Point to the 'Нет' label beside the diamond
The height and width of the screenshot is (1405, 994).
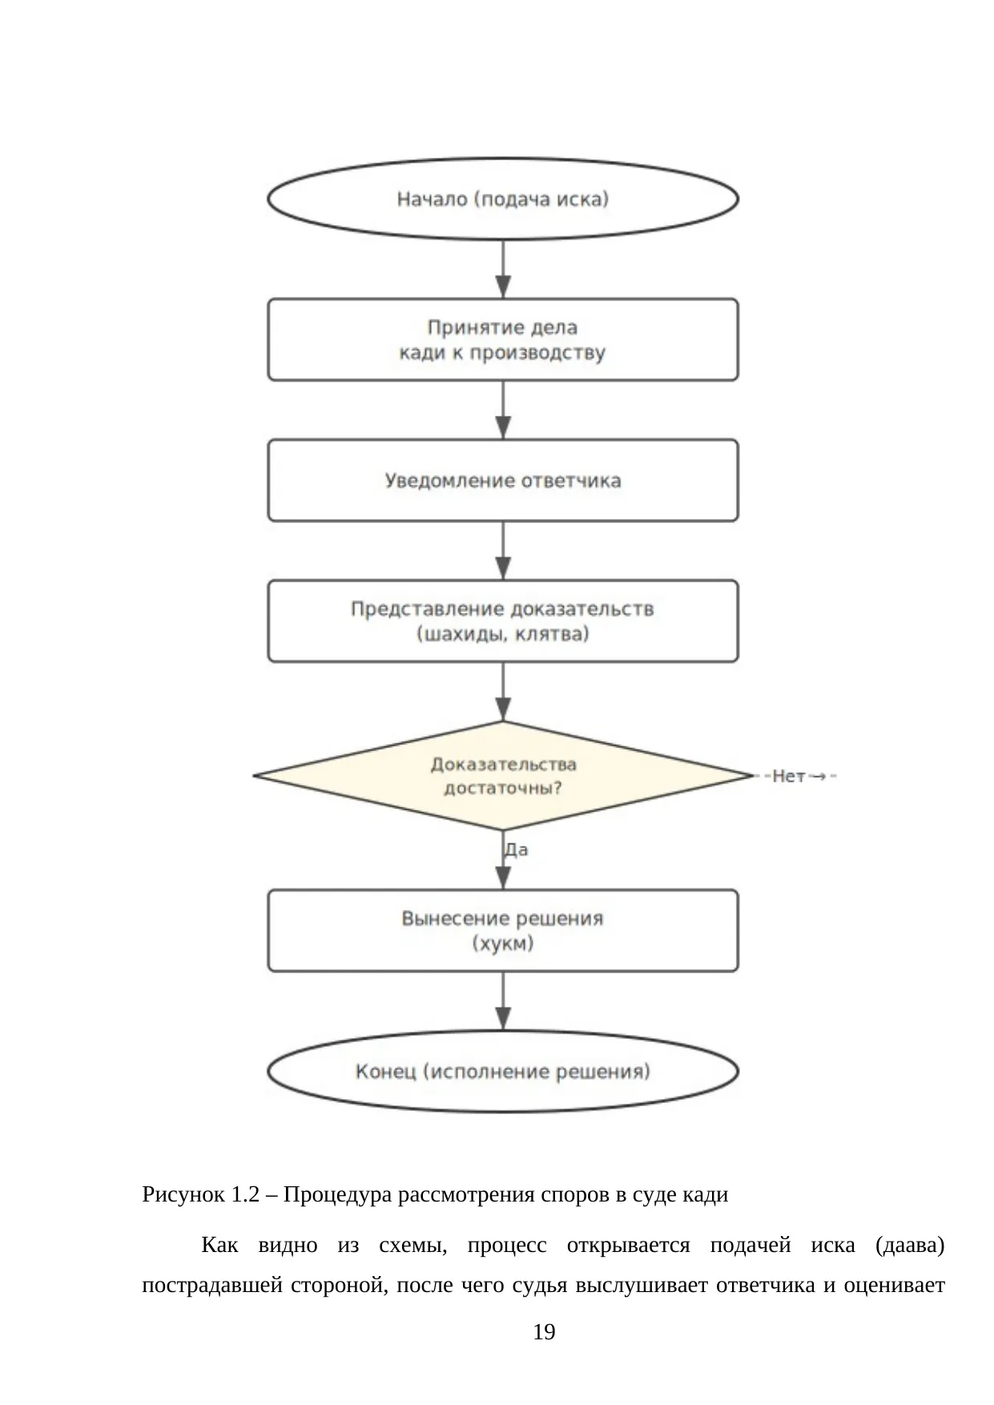(x=788, y=776)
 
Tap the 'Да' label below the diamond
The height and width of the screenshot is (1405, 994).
(x=516, y=850)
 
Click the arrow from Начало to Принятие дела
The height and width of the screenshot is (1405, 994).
(x=503, y=269)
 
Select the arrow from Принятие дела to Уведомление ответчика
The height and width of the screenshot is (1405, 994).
(x=503, y=410)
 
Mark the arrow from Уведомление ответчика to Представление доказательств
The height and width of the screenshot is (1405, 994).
(x=503, y=551)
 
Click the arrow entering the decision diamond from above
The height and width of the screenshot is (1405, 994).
(x=503, y=692)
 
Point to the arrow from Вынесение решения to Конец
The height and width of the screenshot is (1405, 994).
(x=503, y=1001)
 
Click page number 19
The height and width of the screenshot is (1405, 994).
(x=544, y=1332)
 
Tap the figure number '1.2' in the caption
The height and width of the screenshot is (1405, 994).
(x=246, y=1194)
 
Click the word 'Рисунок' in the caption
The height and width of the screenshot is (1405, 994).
(x=183, y=1195)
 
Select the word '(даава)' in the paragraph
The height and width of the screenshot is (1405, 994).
(x=910, y=1246)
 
